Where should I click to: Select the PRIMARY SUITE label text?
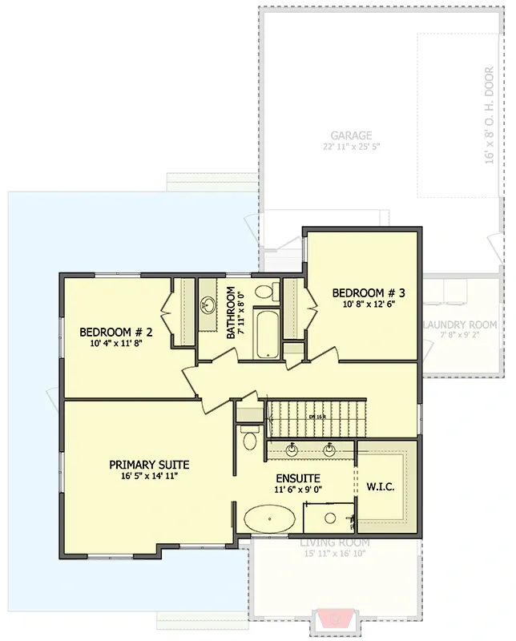point(149,464)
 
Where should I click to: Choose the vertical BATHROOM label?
point(232,313)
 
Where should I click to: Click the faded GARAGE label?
point(350,135)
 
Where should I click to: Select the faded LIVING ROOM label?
point(334,543)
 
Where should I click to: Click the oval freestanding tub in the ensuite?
point(268,518)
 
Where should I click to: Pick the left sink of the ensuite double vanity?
point(292,449)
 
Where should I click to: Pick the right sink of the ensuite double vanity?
point(329,449)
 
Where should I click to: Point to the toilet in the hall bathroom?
point(269,291)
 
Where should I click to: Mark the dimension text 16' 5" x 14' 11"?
point(149,476)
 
